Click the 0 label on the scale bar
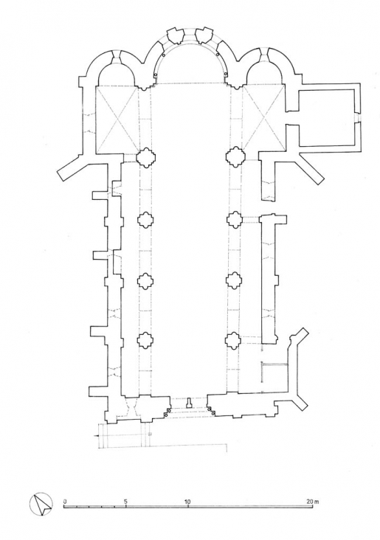coord(65,501)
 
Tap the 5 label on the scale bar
coord(125,501)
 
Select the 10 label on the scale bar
coord(187,501)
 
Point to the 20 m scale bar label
coord(314,501)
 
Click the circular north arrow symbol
coord(41,505)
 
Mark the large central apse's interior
coord(190,63)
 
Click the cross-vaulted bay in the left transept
coord(117,118)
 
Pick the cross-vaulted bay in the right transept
coord(262,118)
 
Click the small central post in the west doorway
coord(190,403)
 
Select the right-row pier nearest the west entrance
coord(234,340)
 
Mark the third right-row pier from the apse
coord(234,280)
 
